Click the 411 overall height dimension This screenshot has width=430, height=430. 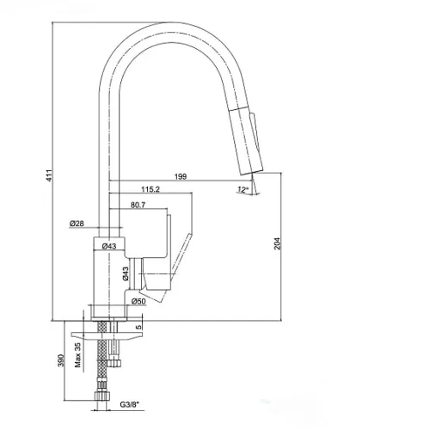pyautogui.click(x=50, y=175)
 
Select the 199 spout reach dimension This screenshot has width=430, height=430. pyautogui.click(x=181, y=176)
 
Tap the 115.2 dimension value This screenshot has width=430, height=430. pyautogui.click(x=150, y=189)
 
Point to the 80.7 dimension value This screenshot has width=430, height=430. pyautogui.click(x=138, y=205)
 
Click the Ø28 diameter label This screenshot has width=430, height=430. pyautogui.click(x=77, y=224)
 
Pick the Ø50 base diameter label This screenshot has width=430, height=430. pyautogui.click(x=138, y=301)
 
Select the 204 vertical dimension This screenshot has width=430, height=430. pyautogui.click(x=278, y=243)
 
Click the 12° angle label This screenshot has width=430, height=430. pyautogui.click(x=243, y=189)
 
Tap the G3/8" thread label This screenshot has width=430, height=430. pyautogui.click(x=129, y=404)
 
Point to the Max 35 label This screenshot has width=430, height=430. pyautogui.click(x=78, y=355)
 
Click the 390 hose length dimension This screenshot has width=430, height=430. pyautogui.click(x=60, y=360)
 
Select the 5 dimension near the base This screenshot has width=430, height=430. pyautogui.click(x=138, y=327)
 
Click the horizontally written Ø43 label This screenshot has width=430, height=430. pyautogui.click(x=109, y=246)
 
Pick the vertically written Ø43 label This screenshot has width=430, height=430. pyautogui.click(x=126, y=273)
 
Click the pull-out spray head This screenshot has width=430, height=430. pyautogui.click(x=246, y=140)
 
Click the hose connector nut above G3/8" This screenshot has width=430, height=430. pyautogui.click(x=101, y=396)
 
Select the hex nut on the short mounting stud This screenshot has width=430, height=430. pyautogui.click(x=114, y=363)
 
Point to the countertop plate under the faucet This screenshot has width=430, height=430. pyautogui.click(x=107, y=335)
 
